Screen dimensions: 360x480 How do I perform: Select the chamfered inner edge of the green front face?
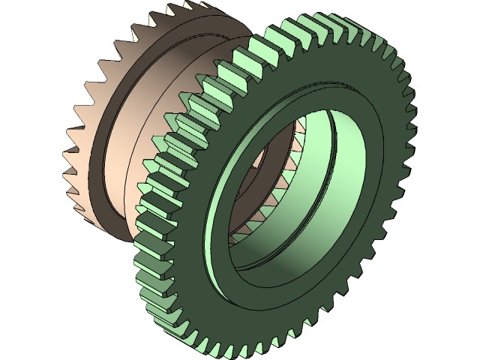[x=225, y=247]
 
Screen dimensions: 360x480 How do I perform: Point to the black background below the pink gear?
[x=60, y=300]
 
